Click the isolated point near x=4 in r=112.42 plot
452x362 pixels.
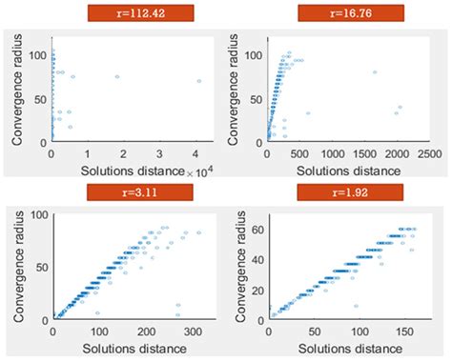(x=199, y=81)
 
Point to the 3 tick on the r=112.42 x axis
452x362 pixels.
(x=162, y=152)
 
